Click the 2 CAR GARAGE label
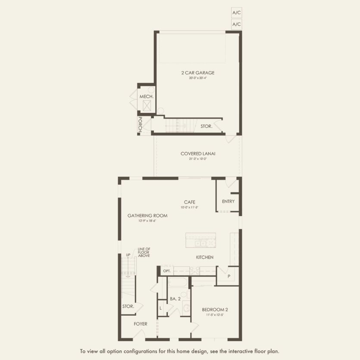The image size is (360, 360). (197, 73)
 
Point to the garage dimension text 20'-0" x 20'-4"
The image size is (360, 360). (197, 78)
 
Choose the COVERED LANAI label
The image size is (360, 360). (198, 153)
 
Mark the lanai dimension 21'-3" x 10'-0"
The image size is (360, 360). (198, 159)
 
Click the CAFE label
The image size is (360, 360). (190, 202)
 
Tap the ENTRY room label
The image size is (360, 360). (228, 201)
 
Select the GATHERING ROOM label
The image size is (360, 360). (147, 216)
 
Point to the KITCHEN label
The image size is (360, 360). (204, 257)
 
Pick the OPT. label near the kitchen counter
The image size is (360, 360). (167, 271)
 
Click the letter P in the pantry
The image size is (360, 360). (228, 276)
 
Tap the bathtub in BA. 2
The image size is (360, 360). (177, 284)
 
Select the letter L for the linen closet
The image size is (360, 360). (160, 308)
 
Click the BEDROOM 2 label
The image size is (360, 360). (215, 310)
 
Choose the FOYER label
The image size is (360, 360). (140, 324)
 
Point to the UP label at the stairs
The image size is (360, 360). (128, 255)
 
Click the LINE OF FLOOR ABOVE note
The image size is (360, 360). (144, 253)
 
